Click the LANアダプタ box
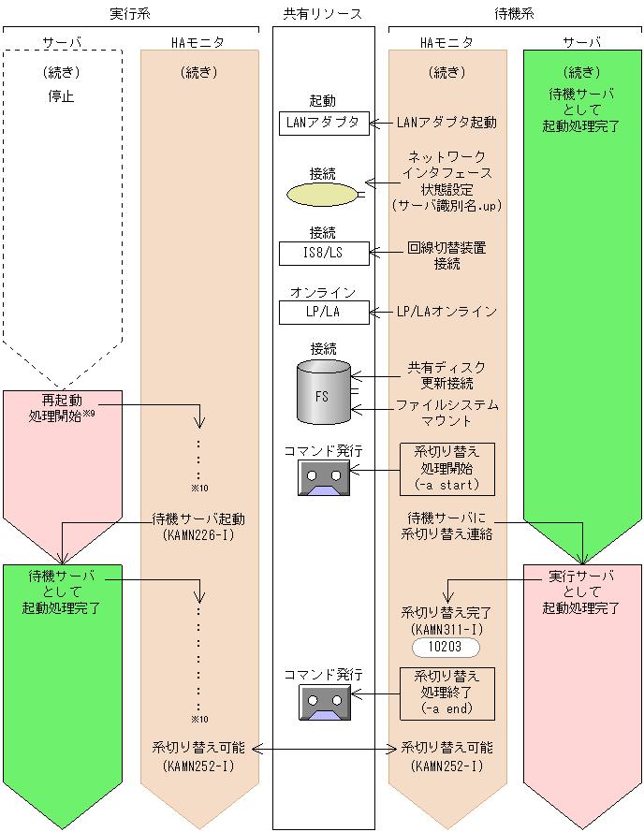[x=324, y=123]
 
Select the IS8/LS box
[x=324, y=253]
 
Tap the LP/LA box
[x=324, y=312]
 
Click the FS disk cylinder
[x=323, y=392]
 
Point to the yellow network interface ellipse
[x=322, y=195]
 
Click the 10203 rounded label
[x=446, y=648]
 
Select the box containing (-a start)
[x=446, y=469]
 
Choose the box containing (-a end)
[x=446, y=693]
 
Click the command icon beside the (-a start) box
[x=324, y=477]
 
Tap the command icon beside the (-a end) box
[x=324, y=701]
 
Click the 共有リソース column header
[x=323, y=13]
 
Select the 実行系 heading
[x=130, y=13]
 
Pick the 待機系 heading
[x=515, y=13]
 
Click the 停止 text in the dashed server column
[x=62, y=95]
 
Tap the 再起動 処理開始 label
[x=62, y=407]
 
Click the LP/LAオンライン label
[x=446, y=312]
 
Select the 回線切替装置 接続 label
[x=446, y=256]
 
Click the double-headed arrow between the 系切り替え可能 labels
[x=323, y=748]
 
